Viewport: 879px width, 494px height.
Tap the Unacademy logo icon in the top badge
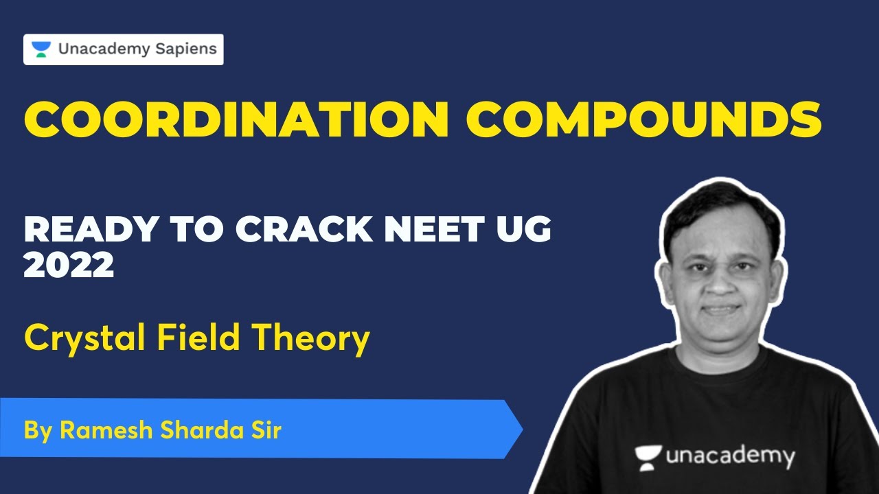pyautogui.click(x=41, y=49)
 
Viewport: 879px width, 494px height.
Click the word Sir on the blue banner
pyautogui.click(x=266, y=430)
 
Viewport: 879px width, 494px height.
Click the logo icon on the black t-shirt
pyautogui.click(x=648, y=454)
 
